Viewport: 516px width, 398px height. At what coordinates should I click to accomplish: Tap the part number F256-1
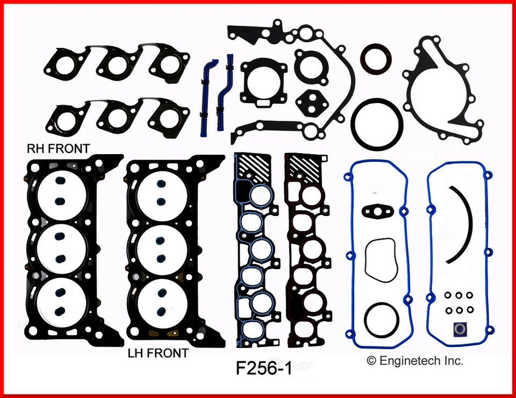coord(263,369)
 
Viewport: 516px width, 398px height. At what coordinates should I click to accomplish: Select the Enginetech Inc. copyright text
coord(414,361)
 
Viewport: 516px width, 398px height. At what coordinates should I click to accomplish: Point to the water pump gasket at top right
coord(445,91)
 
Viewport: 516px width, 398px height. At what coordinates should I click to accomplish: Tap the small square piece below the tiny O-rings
coord(460,328)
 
